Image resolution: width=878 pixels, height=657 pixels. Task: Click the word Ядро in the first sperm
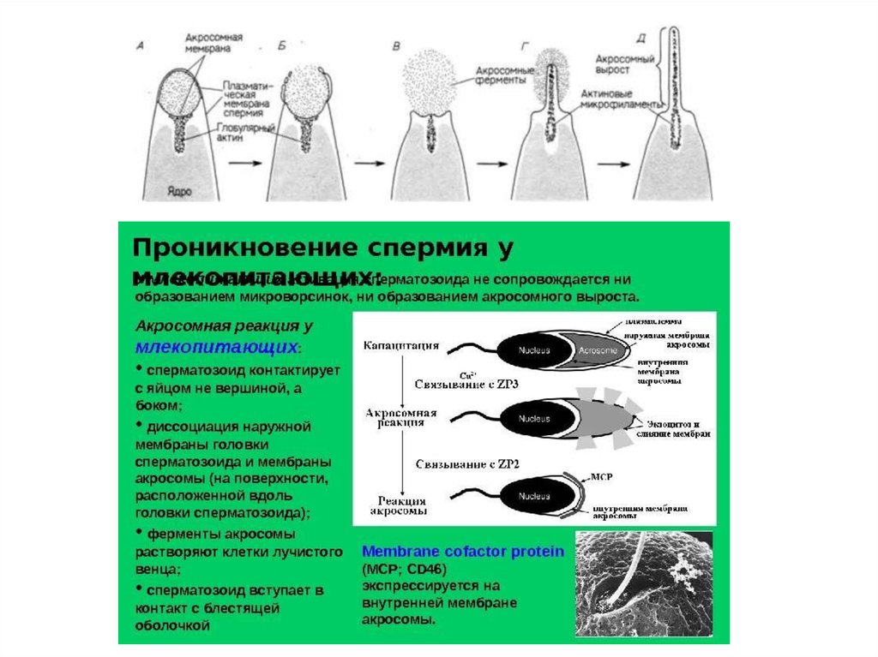179,193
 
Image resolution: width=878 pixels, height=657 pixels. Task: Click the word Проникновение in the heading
227,248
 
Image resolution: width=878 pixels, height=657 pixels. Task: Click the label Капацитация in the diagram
403,346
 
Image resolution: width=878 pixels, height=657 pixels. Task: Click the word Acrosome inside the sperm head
593,350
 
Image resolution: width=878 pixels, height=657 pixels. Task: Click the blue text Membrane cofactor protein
462,552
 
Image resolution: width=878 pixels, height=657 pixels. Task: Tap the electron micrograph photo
644,585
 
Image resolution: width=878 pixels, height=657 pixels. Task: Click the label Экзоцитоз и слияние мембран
677,428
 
